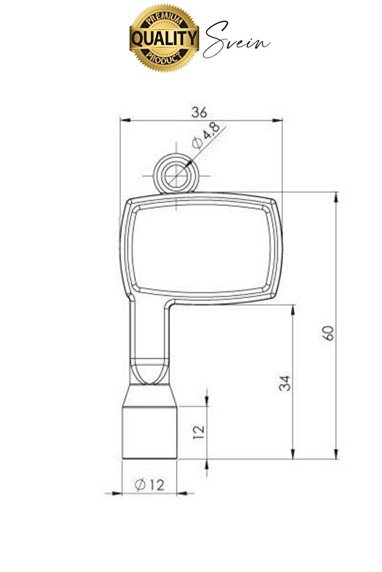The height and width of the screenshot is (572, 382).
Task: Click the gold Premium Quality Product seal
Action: coord(164,38)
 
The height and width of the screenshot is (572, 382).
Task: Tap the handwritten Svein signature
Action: coord(237,40)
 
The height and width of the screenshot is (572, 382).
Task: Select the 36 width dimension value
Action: coord(199,112)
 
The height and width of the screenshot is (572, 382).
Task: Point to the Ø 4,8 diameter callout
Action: coord(206,135)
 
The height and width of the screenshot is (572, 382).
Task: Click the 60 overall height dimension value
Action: coord(328,333)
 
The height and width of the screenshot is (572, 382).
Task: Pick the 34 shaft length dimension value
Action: coord(285,383)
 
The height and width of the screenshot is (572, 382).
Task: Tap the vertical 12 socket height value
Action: coord(199,431)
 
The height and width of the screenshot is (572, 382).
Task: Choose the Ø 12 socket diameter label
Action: coord(149,485)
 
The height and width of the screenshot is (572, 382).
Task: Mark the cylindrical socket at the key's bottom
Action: coord(149,433)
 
